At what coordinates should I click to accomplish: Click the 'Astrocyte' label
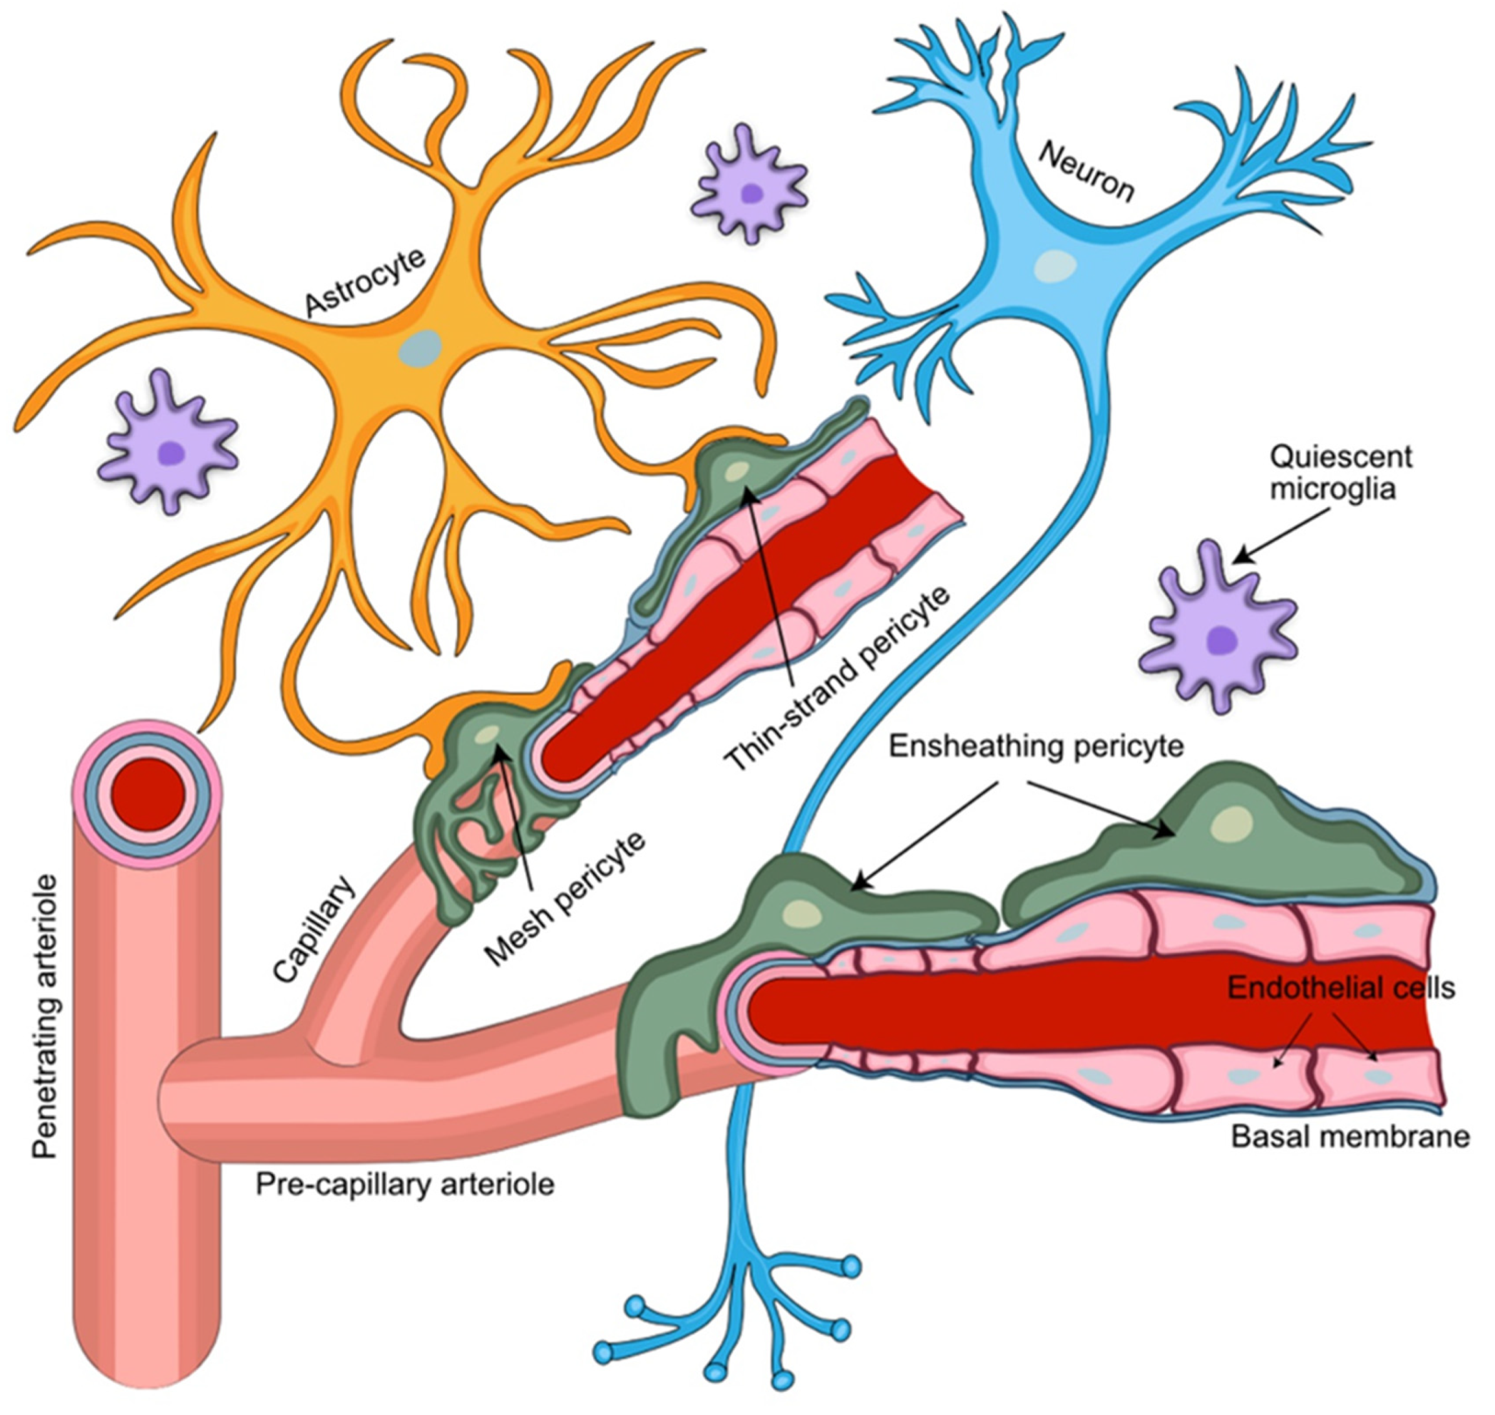point(364,281)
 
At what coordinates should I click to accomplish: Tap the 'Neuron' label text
point(1086,172)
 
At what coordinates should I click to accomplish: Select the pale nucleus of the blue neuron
point(1056,265)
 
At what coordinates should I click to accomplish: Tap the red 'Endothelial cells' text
point(1340,987)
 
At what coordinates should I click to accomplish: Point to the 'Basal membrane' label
point(1350,1136)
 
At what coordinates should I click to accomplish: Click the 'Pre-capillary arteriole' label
point(405,1184)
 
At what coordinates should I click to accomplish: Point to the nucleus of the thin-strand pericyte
point(736,471)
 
